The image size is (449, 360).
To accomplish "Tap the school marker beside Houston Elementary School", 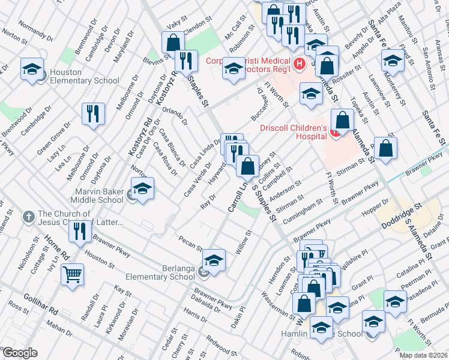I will pyautogui.click(x=32, y=69).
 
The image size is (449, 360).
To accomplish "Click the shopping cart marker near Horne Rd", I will pyautogui.click(x=72, y=275).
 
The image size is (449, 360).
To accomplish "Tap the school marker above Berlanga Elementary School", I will pyautogui.click(x=213, y=261).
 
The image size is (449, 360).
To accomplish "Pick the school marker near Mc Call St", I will pyautogui.click(x=234, y=69).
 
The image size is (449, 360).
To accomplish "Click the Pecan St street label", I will pyautogui.click(x=190, y=244).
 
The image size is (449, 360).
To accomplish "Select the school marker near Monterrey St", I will pyautogui.click(x=393, y=61).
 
